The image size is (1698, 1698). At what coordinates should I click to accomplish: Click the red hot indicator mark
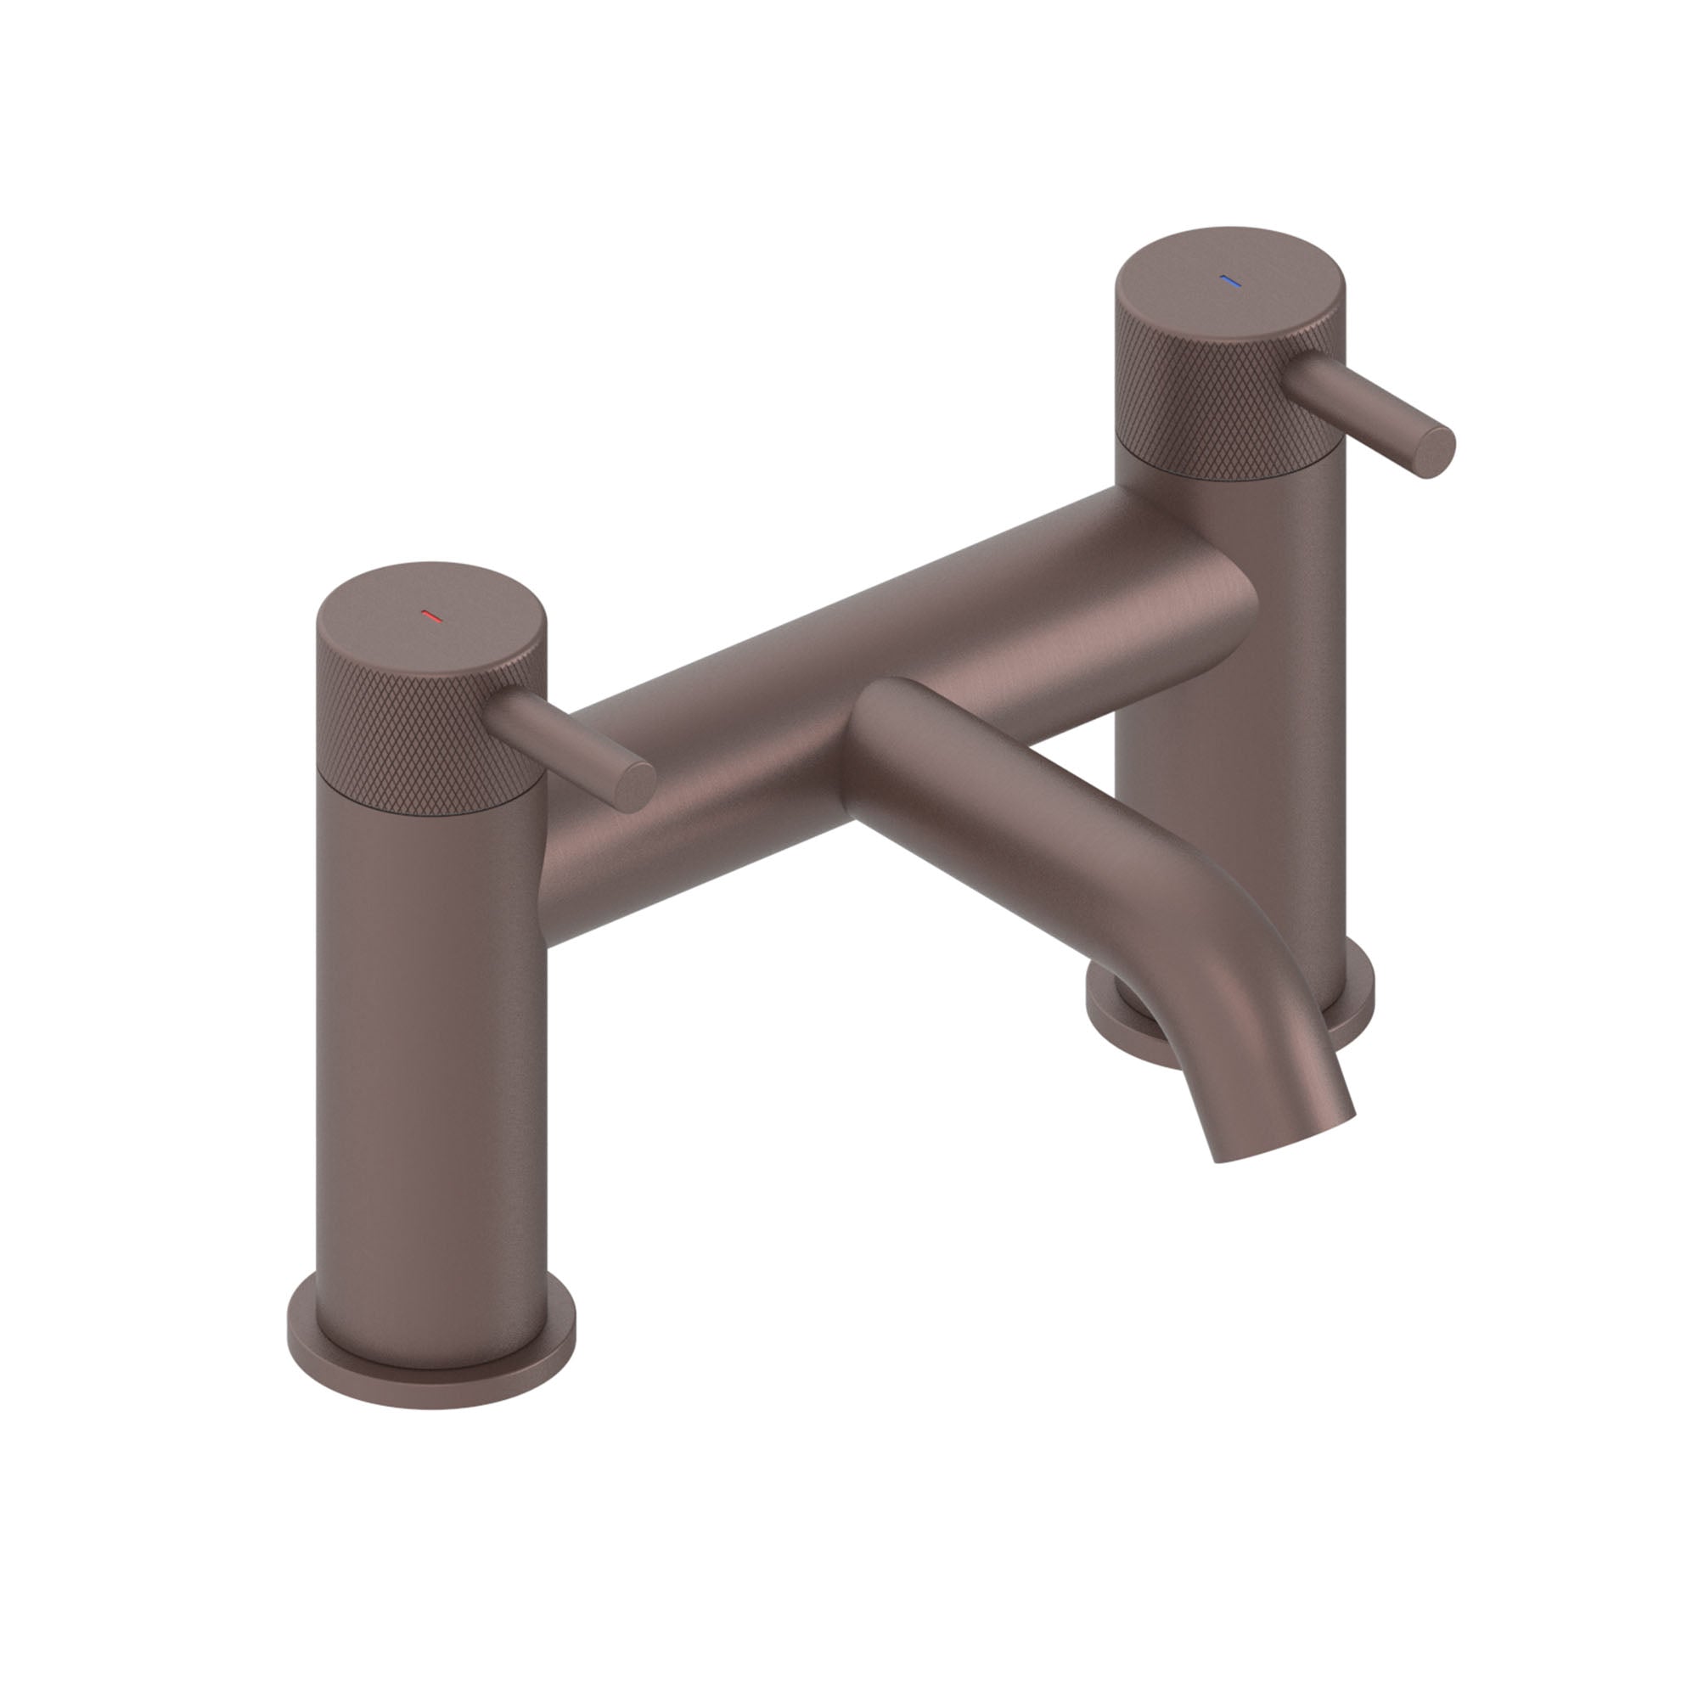click(431, 616)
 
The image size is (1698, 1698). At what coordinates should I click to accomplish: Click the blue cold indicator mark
click(1229, 282)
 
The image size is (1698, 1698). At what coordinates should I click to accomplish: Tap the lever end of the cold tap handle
click(1433, 452)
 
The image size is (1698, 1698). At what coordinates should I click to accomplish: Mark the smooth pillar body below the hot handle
click(430, 1054)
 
